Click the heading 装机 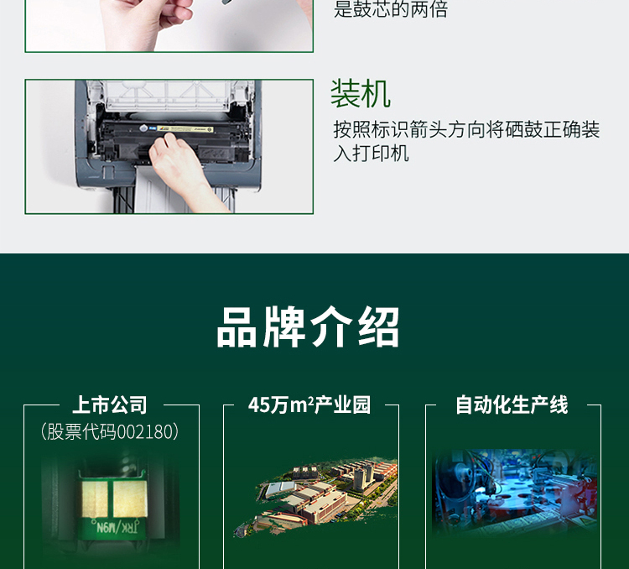click(361, 94)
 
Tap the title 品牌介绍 click(308, 327)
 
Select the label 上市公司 click(110, 405)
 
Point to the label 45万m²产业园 click(309, 405)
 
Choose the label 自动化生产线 click(512, 405)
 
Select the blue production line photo click(513, 491)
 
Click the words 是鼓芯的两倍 click(391, 10)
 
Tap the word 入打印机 click(371, 154)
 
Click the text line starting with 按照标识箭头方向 click(466, 131)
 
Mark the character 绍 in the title click(377, 327)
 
